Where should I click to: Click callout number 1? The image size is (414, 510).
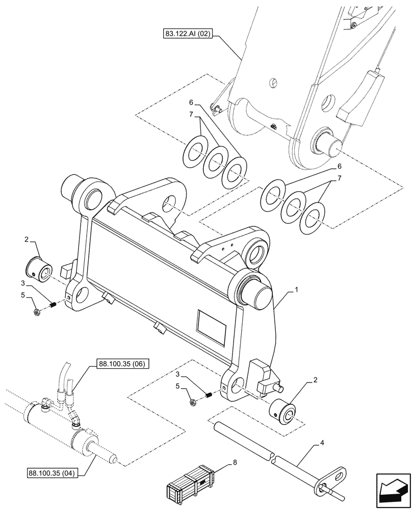297,289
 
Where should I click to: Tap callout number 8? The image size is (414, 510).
234,463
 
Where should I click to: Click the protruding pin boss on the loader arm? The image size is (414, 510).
331,143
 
